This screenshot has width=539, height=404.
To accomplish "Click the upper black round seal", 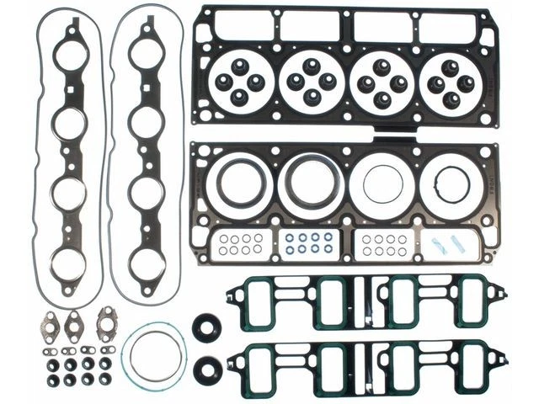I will [x=205, y=327].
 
